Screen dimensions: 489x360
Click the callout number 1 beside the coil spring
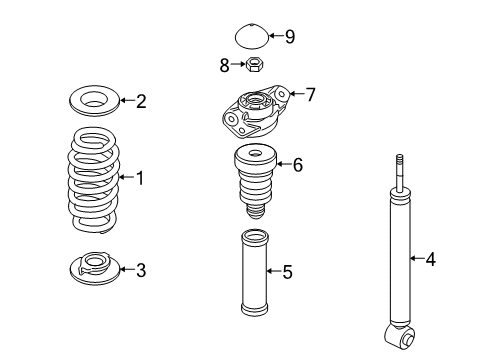click(x=140, y=178)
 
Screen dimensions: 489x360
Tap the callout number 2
click(x=141, y=101)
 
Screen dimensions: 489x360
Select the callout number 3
click(x=141, y=270)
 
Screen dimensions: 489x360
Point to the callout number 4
click(x=430, y=259)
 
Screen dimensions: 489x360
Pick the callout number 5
click(x=287, y=272)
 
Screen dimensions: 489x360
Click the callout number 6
click(x=298, y=165)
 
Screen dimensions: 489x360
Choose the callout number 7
click(x=310, y=94)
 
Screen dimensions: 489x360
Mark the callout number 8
click(x=224, y=65)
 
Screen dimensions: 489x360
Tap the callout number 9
click(x=290, y=36)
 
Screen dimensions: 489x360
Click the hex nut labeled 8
click(x=255, y=63)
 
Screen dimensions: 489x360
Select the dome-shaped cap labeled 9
click(x=252, y=36)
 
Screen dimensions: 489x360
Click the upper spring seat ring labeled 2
click(x=94, y=100)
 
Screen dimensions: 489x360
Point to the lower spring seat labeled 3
click(x=94, y=268)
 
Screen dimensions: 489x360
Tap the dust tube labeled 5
click(x=255, y=273)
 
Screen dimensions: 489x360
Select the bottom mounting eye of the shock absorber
click(x=400, y=336)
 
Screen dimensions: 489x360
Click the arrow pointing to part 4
click(x=417, y=258)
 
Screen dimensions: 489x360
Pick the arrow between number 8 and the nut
click(x=238, y=64)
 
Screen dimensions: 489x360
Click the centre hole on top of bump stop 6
click(x=256, y=154)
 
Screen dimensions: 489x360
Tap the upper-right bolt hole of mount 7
click(x=282, y=94)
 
